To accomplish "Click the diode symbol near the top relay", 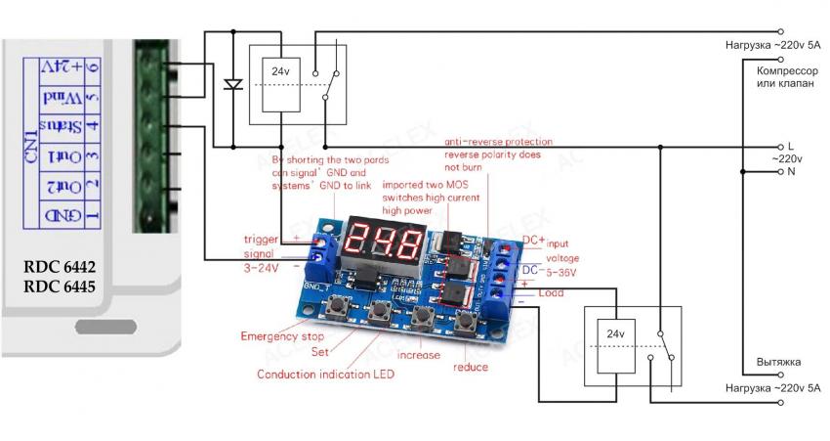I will coord(232,84).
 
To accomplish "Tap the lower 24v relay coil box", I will coord(615,335).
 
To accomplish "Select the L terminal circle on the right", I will coord(779,148).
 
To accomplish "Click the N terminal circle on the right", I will coord(779,171).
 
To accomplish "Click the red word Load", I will coord(552,291).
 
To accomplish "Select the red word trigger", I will coord(262,239).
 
